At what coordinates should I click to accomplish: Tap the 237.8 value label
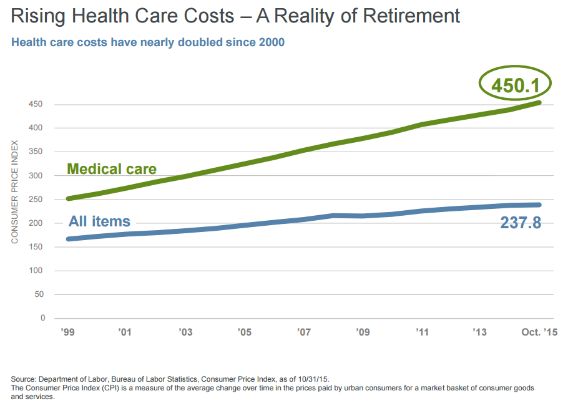coord(521,223)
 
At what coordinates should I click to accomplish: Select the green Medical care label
coord(112,168)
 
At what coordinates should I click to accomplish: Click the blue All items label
coord(99,221)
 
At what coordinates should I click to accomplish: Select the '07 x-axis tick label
coord(304,332)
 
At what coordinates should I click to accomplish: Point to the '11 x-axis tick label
coord(423,332)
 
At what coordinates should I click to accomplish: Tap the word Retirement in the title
coord(408,16)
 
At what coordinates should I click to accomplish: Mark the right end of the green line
coord(539,102)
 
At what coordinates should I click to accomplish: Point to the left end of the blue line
coord(68,239)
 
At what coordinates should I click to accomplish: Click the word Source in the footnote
coord(24,379)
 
